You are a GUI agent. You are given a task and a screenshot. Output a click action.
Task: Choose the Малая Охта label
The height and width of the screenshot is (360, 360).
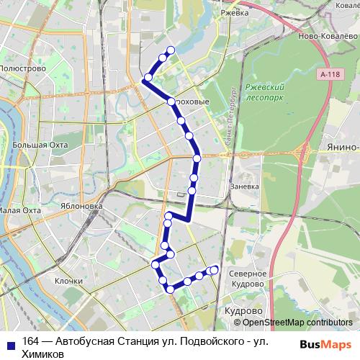pos(20,211)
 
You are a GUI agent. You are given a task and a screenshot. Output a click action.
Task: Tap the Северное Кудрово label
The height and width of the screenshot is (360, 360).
pos(248,279)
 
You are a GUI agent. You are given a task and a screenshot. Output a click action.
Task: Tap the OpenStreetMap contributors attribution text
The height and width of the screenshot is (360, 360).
pos(297,323)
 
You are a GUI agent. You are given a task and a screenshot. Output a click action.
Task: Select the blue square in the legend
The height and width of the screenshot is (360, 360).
pos(7,344)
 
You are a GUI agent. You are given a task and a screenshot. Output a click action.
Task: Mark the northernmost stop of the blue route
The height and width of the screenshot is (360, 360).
pos(171,50)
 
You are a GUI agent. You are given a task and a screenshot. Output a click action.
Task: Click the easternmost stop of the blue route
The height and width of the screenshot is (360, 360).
pos(214,270)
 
